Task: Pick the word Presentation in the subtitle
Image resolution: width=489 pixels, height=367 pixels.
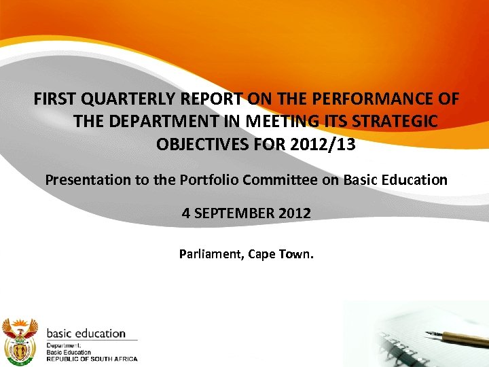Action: pyautogui.click(x=84, y=180)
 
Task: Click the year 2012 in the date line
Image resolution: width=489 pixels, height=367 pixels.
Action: pyautogui.click(x=293, y=213)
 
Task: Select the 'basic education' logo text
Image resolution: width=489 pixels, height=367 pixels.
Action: pyautogui.click(x=86, y=334)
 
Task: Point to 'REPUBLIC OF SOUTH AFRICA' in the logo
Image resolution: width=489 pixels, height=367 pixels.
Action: pyautogui.click(x=91, y=359)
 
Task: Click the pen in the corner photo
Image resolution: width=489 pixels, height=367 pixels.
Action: pyautogui.click(x=450, y=337)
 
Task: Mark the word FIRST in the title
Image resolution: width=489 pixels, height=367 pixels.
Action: pyautogui.click(x=56, y=99)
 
